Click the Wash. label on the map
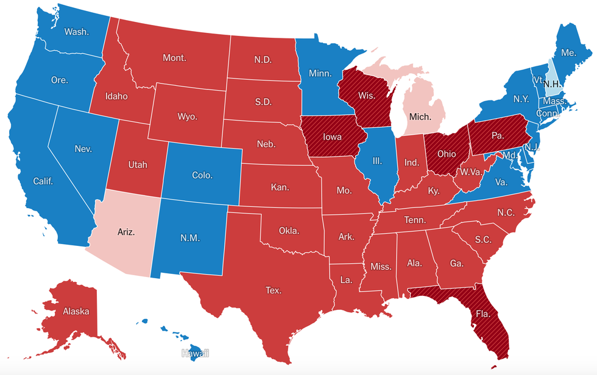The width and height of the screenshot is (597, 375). pos(76,32)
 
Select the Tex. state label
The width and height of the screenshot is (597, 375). pos(274,290)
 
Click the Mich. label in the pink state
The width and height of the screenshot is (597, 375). pos(420,116)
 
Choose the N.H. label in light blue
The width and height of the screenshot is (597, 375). pos(552,83)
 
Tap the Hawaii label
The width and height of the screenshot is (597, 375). pos(195,353)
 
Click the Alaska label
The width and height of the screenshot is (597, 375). pos(76,311)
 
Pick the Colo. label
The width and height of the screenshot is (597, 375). pos(202,175)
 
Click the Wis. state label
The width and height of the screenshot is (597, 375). pos(366,96)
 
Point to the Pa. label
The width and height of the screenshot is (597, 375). pos(497,135)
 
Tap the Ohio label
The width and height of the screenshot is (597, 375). pos(446,154)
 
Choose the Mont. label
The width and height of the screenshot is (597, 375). pos(174,58)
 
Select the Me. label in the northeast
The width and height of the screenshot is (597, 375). pos(568,53)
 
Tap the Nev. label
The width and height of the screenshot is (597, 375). pos(82,149)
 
